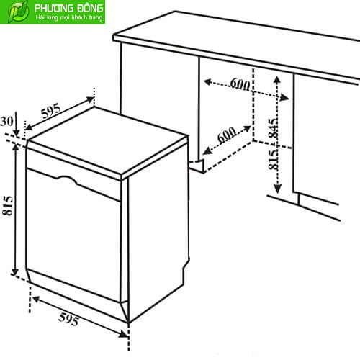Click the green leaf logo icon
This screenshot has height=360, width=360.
(18, 12)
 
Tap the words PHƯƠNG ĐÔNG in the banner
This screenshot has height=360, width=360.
(68, 8)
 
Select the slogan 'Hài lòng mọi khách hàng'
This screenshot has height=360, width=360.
(69, 18)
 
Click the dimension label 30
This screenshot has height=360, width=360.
(6, 122)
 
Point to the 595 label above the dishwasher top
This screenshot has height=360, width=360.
(50, 111)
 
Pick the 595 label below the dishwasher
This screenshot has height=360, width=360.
(68, 319)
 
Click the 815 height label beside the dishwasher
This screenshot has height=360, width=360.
(7, 206)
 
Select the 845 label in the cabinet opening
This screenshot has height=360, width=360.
(273, 128)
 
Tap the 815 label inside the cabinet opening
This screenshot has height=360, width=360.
(273, 160)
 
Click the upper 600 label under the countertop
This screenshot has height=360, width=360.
(240, 84)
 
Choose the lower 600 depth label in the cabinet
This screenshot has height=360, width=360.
(227, 135)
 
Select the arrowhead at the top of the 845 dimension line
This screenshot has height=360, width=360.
(277, 80)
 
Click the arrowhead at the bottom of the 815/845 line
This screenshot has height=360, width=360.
(277, 189)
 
